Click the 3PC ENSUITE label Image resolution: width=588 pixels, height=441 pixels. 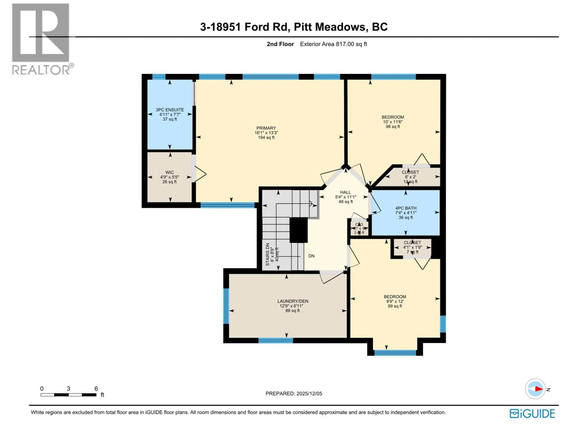coord(170,109)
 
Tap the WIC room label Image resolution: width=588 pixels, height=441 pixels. coord(169,172)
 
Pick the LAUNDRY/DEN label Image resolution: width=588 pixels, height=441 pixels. coord(293,301)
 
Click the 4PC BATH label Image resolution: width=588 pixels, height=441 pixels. coord(406,208)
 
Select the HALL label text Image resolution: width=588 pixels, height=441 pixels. coord(346,192)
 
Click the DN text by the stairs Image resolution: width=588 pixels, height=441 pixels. coord(311,256)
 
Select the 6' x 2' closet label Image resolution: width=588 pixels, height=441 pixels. coord(410,177)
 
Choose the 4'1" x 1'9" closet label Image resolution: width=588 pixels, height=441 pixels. coord(412,247)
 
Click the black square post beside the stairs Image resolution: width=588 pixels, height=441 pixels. coord(298,230)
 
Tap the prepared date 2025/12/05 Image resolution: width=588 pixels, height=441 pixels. coord(294,393)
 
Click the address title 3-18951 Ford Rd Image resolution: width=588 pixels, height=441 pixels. coord(245,27)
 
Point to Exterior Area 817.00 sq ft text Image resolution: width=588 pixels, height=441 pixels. coord(333,44)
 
